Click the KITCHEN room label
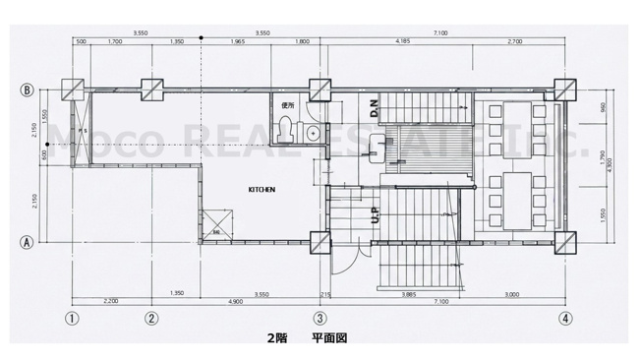pos(261,189)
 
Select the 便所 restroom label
pos(287,105)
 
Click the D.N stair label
pos(375,107)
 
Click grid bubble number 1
pos(72,318)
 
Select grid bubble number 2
pos(151,318)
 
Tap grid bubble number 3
pos(320,318)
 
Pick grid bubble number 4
pos(564,318)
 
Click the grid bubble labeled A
pos(29,240)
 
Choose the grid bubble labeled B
pos(29,90)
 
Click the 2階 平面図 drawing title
pos(308,337)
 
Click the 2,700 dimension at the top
pos(513,42)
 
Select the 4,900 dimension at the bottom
pos(236,301)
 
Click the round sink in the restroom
pos(313,130)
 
